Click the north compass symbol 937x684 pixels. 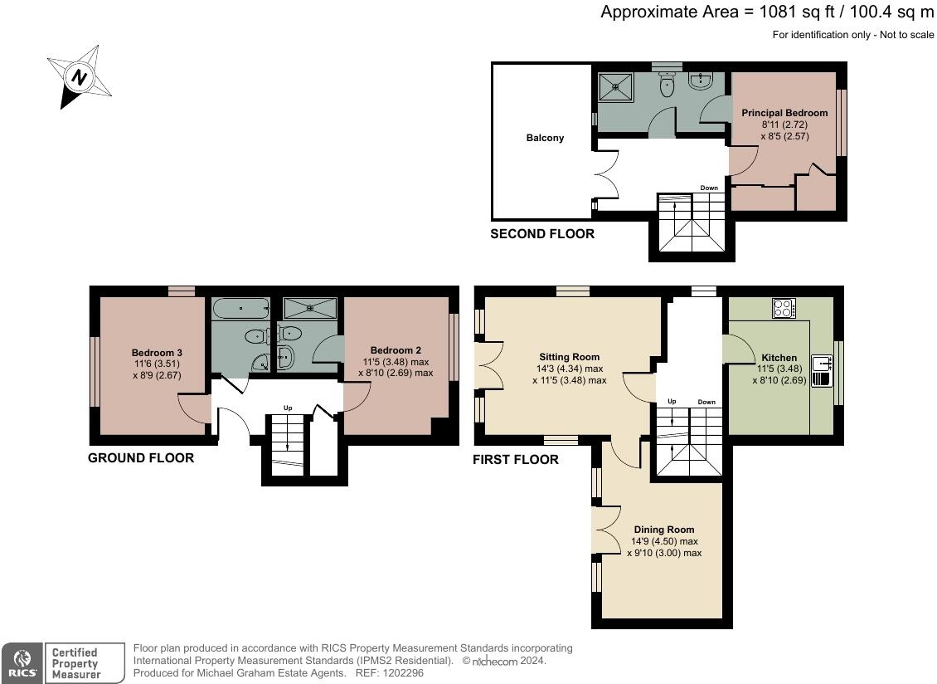(x=80, y=76)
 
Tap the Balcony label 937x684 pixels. (x=545, y=138)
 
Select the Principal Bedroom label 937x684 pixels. (x=784, y=113)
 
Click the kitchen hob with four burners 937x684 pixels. (x=784, y=308)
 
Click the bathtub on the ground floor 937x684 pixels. (x=240, y=309)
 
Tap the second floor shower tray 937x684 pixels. (x=615, y=87)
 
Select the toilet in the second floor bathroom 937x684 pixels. (x=667, y=85)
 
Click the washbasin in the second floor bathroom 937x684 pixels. (x=701, y=81)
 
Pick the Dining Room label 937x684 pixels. (x=664, y=530)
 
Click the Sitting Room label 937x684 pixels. (x=570, y=357)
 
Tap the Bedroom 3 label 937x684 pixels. (x=157, y=353)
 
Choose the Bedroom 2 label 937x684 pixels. (x=396, y=350)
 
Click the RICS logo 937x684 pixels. (x=22, y=663)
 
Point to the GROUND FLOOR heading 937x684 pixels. (x=141, y=458)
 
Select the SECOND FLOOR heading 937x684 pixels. (x=542, y=234)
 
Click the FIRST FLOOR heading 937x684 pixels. (x=516, y=460)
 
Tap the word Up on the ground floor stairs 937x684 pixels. (x=288, y=408)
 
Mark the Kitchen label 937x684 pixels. (x=779, y=358)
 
